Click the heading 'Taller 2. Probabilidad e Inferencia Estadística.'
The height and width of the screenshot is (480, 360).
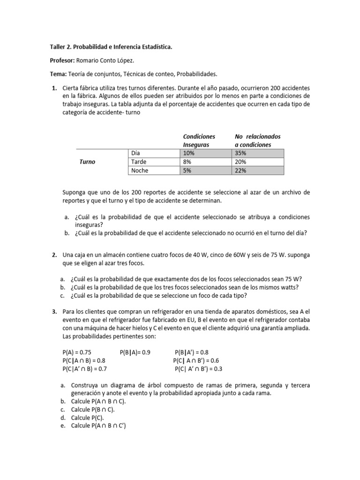pyautogui.click(x=111, y=47)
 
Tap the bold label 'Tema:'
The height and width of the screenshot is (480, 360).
pyautogui.click(x=58, y=74)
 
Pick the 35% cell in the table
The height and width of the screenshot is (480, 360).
pyautogui.click(x=257, y=153)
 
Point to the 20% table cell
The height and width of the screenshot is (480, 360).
pyautogui.click(x=257, y=162)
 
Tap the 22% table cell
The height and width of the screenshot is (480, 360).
pyautogui.click(x=257, y=171)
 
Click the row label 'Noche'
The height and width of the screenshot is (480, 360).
pyautogui.click(x=139, y=171)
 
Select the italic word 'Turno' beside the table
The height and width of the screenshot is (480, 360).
pyautogui.click(x=87, y=162)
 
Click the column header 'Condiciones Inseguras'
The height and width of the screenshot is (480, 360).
pyautogui.click(x=199, y=141)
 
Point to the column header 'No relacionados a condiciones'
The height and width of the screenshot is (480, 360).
pyautogui.click(x=257, y=141)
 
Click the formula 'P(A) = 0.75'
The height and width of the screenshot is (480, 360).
pyautogui.click(x=78, y=352)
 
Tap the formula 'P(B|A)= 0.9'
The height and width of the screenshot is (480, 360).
pyautogui.click(x=135, y=352)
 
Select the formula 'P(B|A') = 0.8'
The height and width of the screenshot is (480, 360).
pyautogui.click(x=192, y=352)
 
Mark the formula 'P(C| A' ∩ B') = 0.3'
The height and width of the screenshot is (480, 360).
pyautogui.click(x=199, y=369)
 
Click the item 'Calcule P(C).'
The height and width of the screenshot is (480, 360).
pyautogui.click(x=88, y=417)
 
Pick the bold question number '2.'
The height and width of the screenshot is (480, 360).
pyautogui.click(x=54, y=255)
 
